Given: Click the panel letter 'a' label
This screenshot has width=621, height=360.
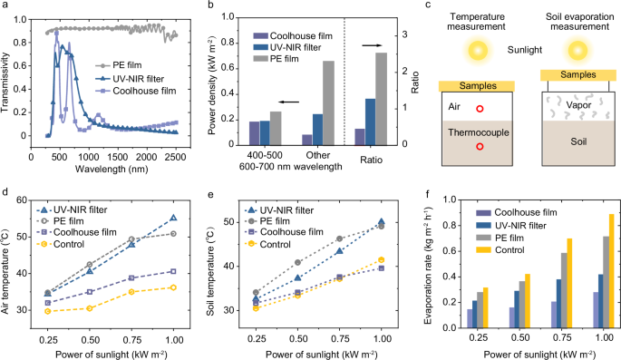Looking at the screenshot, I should tap(6, 7).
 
